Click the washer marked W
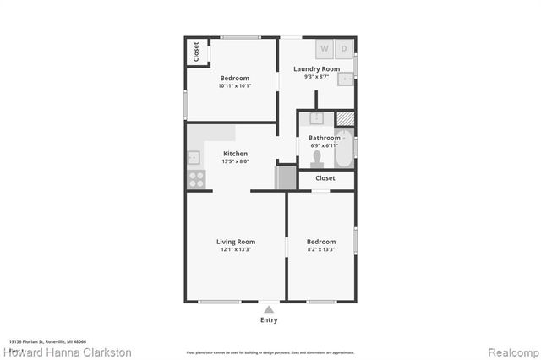(x=325, y=48)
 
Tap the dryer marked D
(x=345, y=48)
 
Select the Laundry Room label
(x=316, y=69)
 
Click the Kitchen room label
(x=235, y=154)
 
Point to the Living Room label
(x=236, y=242)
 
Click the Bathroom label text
(x=323, y=137)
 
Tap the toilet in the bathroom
(x=317, y=157)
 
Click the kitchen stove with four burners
(x=195, y=178)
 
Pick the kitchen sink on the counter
(x=194, y=156)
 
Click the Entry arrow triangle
(x=269, y=309)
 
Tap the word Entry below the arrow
(x=269, y=320)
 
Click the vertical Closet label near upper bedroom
(x=196, y=52)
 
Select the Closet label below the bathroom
(x=325, y=178)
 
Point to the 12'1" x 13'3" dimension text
(x=236, y=249)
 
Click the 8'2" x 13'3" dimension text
(x=321, y=249)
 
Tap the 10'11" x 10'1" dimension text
(x=232, y=85)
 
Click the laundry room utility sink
(x=346, y=79)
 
